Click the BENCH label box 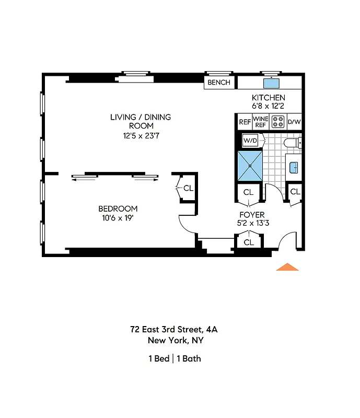[x=219, y=83]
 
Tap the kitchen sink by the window [x=271, y=83]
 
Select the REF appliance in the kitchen [x=245, y=122]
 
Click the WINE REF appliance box [x=260, y=122]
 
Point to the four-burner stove [x=278, y=122]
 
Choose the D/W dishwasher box [x=295, y=122]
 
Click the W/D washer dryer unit [x=250, y=141]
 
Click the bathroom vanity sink [x=294, y=167]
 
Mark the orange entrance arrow [x=287, y=267]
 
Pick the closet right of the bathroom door [x=295, y=192]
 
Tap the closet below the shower [x=248, y=192]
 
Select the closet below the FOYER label [x=249, y=242]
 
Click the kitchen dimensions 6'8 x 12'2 [x=269, y=106]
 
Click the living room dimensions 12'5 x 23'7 [x=140, y=135]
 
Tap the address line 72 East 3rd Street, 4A [x=175, y=330]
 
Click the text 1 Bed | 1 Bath [x=175, y=358]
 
